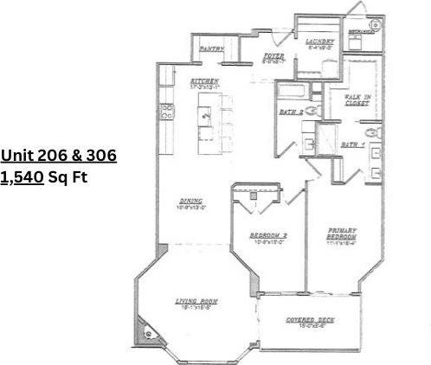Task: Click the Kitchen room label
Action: [x=205, y=80]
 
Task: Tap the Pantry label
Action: [x=211, y=49]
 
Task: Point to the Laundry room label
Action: [x=319, y=42]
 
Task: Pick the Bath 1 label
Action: [x=351, y=144]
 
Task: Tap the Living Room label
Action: [x=196, y=301]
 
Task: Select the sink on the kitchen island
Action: [x=206, y=112]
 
